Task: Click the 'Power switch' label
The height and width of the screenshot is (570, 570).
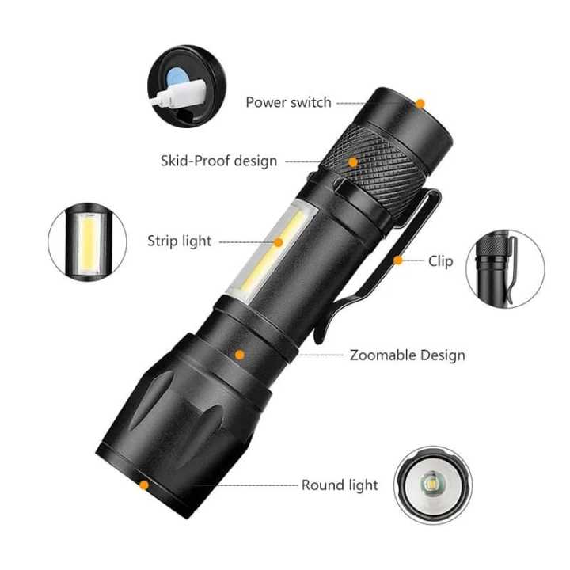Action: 288,102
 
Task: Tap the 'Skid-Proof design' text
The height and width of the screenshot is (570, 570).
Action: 218,161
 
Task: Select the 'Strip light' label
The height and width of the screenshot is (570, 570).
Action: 179,241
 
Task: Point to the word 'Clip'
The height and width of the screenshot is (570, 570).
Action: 441,260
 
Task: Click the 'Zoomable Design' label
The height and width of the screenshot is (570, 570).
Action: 407,355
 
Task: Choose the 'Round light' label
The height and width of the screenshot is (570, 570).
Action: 340,485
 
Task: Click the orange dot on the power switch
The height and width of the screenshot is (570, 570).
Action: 420,103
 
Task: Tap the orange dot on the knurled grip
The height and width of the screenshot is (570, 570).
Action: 353,162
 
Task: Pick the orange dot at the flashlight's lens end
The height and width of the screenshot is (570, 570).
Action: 144,485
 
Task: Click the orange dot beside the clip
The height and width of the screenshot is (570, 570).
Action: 398,260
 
